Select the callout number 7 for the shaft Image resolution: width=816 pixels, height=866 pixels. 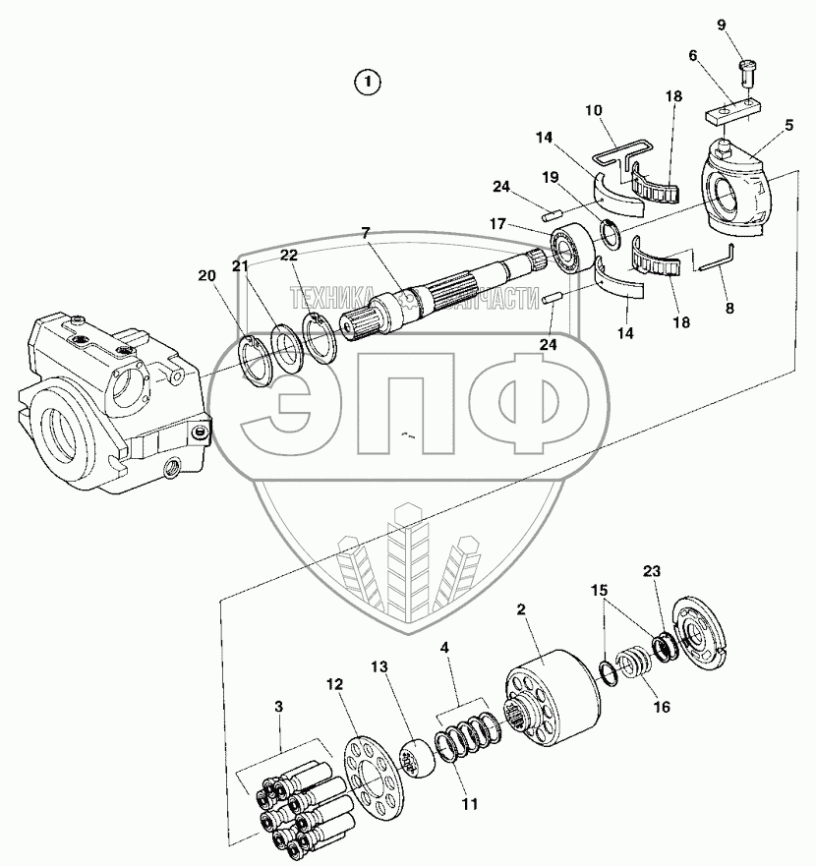365,234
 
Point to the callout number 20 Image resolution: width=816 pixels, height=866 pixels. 204,276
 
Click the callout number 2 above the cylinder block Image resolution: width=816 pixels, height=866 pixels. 521,609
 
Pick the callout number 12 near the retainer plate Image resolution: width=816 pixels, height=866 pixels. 335,682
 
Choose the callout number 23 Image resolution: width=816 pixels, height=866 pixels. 652,571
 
